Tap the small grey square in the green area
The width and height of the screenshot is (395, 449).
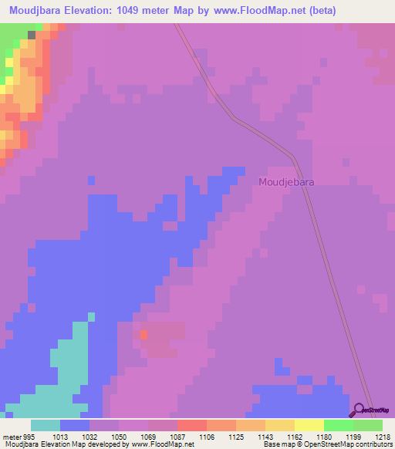point(31,35)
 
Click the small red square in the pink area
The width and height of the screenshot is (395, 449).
point(143,335)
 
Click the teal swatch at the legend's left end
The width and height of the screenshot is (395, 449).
point(46,425)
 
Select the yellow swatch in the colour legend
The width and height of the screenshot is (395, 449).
point(309,425)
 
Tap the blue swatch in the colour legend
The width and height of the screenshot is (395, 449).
point(75,425)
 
